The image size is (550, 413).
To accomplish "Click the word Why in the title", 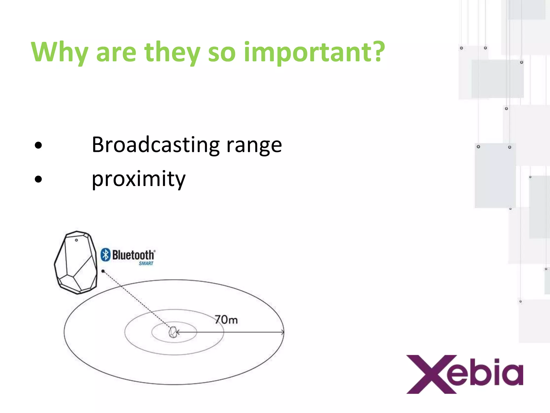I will click(60, 52).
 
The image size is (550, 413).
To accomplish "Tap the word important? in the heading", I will click(314, 52).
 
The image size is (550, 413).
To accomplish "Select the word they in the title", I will click(172, 52).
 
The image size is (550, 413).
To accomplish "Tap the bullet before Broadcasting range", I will click(38, 145).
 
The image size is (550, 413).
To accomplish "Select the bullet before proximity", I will click(38, 179).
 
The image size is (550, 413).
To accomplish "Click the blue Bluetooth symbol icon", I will click(106, 255).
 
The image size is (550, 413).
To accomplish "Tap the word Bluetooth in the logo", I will click(133, 255).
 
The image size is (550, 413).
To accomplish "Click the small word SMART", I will click(146, 264).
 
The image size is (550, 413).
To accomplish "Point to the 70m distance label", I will click(226, 320).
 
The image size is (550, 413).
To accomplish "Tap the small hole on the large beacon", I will click(76, 240).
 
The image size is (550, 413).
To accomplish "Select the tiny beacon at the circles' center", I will click(173, 332).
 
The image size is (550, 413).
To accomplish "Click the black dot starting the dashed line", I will click(103, 271).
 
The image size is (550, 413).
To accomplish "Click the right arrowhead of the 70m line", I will click(283, 332).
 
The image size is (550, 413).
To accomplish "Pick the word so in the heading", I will click(222, 52).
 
